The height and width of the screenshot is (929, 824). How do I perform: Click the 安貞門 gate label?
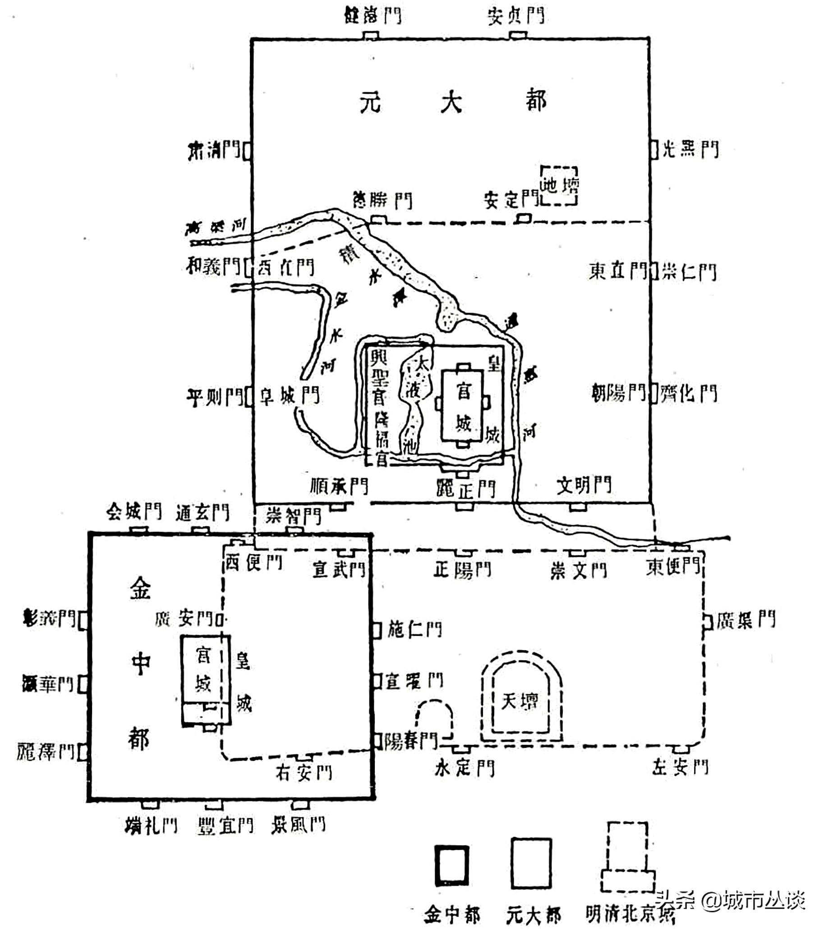(x=516, y=15)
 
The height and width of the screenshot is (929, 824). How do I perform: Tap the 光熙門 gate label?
(x=690, y=149)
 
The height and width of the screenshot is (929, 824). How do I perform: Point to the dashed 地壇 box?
(x=559, y=185)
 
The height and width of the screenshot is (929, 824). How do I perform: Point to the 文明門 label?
(x=584, y=485)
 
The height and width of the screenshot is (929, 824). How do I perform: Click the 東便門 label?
(x=673, y=566)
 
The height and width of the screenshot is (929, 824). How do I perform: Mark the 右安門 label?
(x=304, y=773)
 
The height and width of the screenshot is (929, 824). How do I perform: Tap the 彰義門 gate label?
(x=49, y=619)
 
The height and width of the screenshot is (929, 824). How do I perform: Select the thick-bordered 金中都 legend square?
(x=452, y=865)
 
